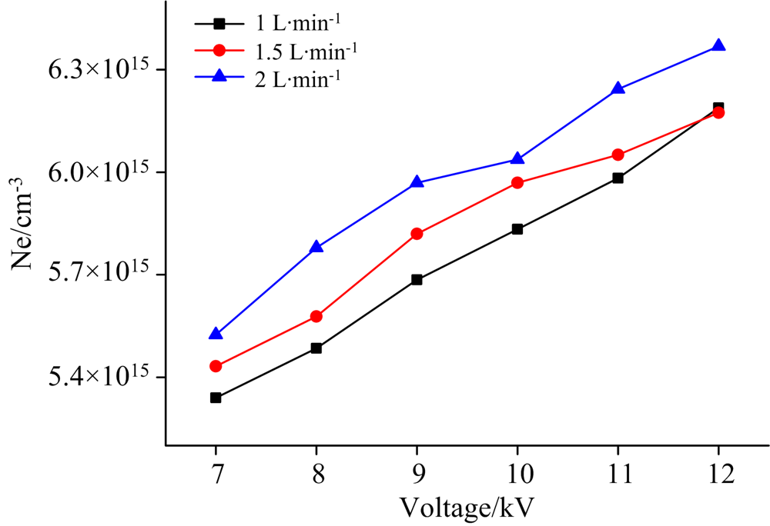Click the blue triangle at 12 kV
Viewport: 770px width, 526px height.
[x=718, y=46]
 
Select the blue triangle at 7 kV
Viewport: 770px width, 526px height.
[x=216, y=335]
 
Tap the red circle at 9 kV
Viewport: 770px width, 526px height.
[x=417, y=234]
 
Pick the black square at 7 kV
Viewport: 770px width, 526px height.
[x=216, y=398]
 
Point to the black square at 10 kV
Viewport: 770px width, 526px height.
[x=517, y=229]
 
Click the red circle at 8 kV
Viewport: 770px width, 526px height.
[x=316, y=316]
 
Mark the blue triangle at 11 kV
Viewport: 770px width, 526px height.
[x=618, y=88]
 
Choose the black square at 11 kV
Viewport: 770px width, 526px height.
[x=618, y=178]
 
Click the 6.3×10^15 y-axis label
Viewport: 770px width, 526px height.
[x=96, y=69]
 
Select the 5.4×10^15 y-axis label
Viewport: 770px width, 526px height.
[x=96, y=377]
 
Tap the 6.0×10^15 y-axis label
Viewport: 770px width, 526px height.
[x=96, y=172]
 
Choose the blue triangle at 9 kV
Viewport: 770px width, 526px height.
[x=417, y=183]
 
